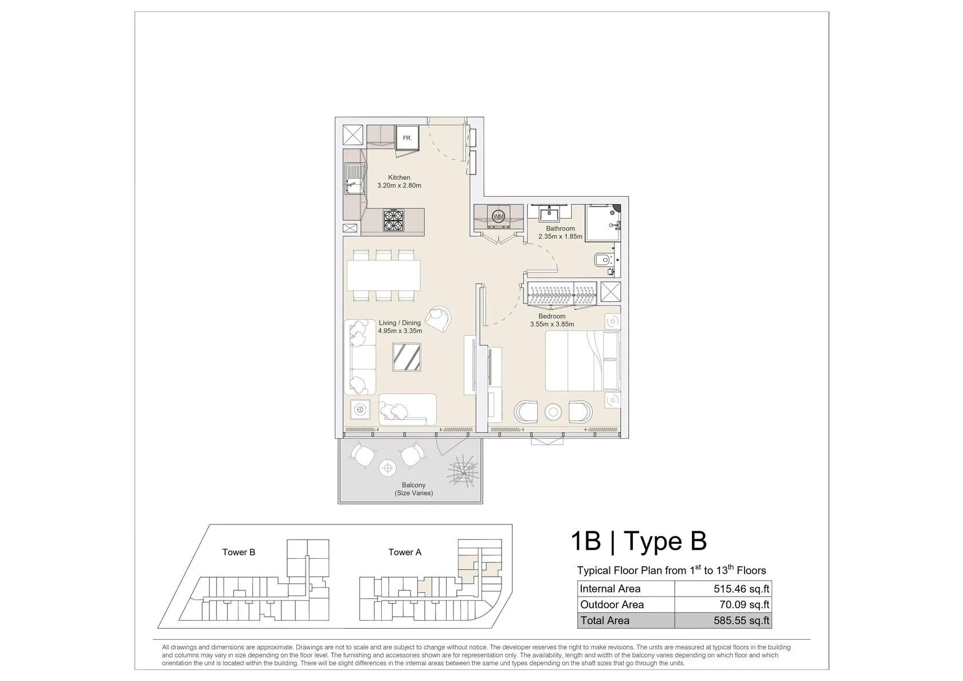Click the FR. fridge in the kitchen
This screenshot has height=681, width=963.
click(407, 138)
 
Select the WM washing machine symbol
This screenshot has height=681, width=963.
click(498, 216)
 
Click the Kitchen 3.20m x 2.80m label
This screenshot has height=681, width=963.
click(399, 181)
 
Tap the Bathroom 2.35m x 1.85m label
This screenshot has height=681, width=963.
click(560, 232)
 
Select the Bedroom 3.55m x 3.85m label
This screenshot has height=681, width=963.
click(552, 320)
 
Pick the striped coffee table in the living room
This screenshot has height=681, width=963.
click(407, 357)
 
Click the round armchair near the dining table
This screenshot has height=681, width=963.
click(439, 319)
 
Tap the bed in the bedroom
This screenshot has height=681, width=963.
click(582, 360)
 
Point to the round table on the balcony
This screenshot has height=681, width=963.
click(387, 468)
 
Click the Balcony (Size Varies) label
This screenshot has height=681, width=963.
click(414, 489)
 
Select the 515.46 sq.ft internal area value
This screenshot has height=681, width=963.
click(742, 589)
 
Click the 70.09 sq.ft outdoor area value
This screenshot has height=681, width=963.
click(745, 605)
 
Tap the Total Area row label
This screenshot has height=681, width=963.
click(605, 620)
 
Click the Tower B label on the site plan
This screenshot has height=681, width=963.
click(238, 552)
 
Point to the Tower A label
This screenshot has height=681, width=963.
click(405, 552)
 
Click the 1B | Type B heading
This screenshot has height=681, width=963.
click(639, 541)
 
